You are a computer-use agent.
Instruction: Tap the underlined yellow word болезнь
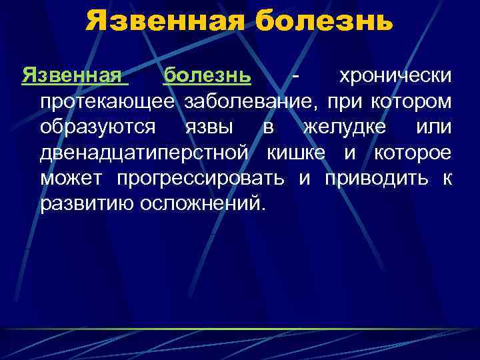(x=207, y=76)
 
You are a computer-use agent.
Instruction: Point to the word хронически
(x=396, y=76)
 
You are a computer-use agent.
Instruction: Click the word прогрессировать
(x=201, y=179)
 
